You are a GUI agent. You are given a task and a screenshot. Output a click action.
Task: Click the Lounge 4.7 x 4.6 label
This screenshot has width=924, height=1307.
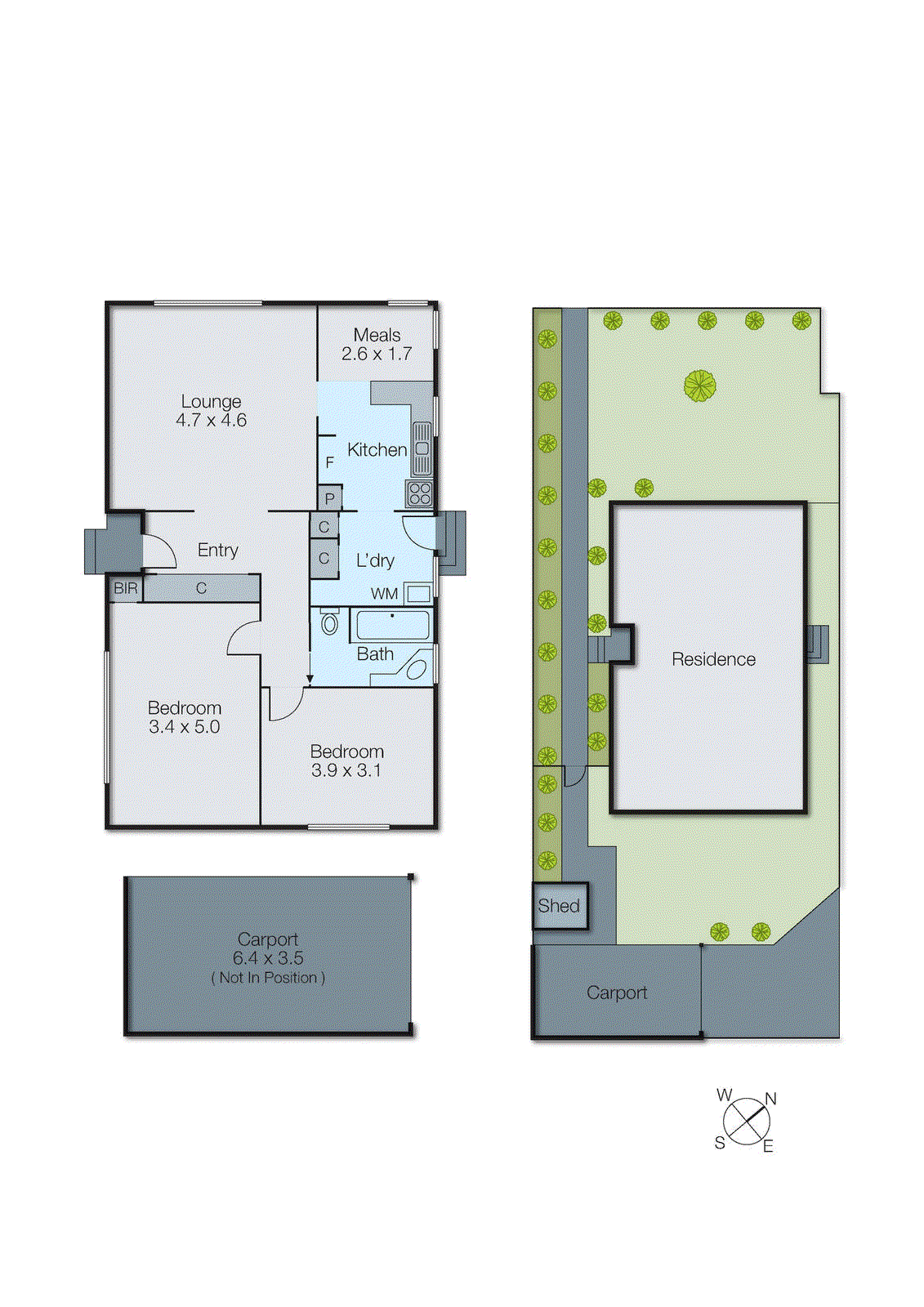tap(211, 411)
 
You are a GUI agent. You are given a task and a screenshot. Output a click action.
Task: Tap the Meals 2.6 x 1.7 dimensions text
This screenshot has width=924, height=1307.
tap(377, 354)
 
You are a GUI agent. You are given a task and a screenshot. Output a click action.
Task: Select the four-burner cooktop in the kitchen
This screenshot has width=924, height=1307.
tap(419, 493)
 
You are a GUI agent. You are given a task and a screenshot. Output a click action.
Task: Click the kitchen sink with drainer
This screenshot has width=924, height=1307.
tap(422, 448)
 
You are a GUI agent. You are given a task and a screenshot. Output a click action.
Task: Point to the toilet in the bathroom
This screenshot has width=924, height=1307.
tap(329, 623)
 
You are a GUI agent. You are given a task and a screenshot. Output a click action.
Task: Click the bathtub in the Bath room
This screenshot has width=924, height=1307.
tap(392, 626)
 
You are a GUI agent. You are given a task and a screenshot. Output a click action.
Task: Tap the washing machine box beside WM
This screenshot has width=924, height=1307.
tap(418, 594)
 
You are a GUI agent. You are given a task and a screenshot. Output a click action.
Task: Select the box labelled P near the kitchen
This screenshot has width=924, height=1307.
tap(329, 498)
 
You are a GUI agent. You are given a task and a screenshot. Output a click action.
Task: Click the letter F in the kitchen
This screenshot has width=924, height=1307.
tap(329, 462)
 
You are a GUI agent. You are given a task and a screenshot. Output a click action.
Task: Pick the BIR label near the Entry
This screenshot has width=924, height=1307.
tap(125, 588)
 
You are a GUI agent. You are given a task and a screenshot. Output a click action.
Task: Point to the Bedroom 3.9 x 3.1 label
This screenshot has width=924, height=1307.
tap(346, 761)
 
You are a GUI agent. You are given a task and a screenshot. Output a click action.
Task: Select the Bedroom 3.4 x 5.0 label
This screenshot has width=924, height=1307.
tap(184, 717)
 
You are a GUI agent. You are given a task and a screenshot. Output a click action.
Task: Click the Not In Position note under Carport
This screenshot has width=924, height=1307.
tap(268, 978)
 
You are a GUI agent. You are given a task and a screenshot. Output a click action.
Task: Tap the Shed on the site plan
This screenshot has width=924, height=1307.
tap(559, 906)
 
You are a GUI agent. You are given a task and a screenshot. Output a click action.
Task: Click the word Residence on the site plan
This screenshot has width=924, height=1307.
tap(713, 659)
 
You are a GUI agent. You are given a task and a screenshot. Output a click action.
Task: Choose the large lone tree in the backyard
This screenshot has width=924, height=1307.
tap(700, 386)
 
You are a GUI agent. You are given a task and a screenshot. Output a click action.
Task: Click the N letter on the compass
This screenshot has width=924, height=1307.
tap(770, 1099)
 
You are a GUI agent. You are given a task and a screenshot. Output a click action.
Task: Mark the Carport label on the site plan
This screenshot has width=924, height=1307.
tap(616, 993)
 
